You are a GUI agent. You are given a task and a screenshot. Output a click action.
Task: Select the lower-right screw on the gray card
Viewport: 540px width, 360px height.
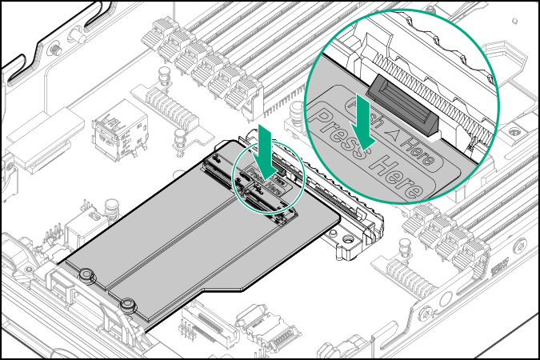[126, 304]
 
